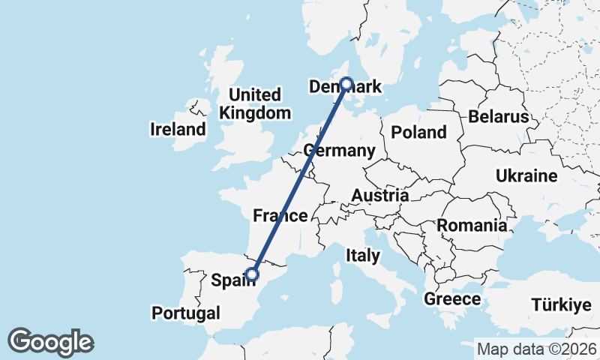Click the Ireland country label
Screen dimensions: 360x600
[178, 129]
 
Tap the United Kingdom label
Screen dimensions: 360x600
[255, 104]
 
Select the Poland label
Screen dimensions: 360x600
[418, 133]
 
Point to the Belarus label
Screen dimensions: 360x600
[498, 117]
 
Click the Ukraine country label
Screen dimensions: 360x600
[526, 176]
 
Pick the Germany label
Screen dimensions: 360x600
[340, 151]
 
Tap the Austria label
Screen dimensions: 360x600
[380, 196]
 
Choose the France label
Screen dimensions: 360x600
[280, 216]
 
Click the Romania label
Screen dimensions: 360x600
[472, 225]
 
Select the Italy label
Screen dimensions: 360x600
[362, 256]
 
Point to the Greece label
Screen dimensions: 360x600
[452, 299]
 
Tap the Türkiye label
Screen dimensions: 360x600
[562, 304]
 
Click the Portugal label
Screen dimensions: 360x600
[185, 313]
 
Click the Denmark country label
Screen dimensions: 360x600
[346, 88]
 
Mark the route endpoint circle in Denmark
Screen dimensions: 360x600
[346, 84]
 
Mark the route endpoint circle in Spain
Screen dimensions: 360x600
[253, 274]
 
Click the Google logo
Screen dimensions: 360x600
[51, 342]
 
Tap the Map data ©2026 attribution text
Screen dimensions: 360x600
[536, 349]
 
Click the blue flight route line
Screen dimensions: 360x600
[300, 179]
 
